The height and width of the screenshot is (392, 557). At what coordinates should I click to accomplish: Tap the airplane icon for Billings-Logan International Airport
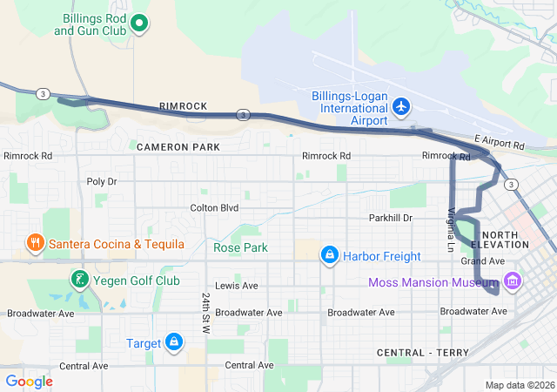tap(400, 106)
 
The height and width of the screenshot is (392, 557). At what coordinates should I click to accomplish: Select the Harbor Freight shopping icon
tap(329, 255)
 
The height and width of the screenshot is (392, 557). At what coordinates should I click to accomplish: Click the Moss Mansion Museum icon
tap(513, 282)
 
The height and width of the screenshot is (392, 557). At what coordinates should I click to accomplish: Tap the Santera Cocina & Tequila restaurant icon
tap(35, 243)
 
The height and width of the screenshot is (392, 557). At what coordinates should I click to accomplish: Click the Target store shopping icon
tap(174, 342)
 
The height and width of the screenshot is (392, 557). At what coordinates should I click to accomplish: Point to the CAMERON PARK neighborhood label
tap(178, 147)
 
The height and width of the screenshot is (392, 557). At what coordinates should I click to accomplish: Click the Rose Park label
tap(240, 247)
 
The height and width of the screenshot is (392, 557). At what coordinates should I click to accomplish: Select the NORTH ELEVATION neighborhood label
tap(505, 240)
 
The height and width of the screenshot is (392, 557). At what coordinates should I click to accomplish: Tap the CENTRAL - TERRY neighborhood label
tap(422, 352)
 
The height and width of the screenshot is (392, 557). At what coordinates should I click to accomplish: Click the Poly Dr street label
tap(102, 181)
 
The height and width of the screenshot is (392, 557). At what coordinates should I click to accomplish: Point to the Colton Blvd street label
tap(214, 207)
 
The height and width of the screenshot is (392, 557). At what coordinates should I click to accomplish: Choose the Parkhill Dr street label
tap(390, 217)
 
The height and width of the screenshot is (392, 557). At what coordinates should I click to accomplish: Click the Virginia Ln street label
tap(451, 230)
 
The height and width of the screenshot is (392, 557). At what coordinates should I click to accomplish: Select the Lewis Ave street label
tap(237, 286)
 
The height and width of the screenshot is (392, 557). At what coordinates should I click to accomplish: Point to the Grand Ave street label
tap(482, 261)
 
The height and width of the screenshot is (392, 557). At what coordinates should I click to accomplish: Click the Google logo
tap(30, 382)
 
